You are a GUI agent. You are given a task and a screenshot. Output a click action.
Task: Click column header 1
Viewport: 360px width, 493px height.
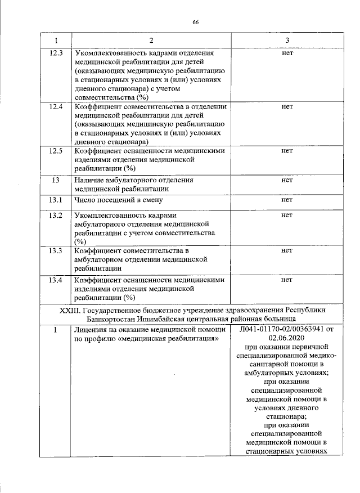click(56, 41)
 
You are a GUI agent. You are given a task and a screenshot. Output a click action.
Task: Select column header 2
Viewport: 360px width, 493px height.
click(151, 41)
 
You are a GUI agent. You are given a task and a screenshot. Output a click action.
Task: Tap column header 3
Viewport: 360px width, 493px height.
click(287, 41)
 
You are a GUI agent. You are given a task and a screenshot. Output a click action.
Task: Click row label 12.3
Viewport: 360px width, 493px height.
click(56, 53)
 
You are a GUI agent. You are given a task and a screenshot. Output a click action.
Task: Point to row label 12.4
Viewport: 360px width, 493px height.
click(56, 106)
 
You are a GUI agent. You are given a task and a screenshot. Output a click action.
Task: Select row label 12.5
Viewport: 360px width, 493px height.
click(56, 151)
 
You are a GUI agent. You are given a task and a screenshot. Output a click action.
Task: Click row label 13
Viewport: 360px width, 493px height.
click(56, 180)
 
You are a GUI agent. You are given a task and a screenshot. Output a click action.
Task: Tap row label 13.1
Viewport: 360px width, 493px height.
click(56, 199)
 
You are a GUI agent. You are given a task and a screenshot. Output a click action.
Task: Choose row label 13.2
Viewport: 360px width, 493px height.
click(56, 216)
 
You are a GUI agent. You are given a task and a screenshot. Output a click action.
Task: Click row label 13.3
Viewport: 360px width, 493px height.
click(56, 250)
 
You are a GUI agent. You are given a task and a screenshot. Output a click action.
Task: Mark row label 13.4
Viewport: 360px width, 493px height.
click(56, 280)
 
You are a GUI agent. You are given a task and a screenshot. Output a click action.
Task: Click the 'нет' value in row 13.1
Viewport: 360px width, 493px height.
click(287, 199)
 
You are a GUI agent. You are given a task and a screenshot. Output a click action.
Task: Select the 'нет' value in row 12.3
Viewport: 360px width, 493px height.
click(287, 53)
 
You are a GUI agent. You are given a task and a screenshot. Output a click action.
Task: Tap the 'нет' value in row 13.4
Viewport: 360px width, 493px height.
click(287, 280)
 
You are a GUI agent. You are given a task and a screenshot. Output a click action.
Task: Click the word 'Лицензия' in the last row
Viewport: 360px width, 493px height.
click(91, 329)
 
